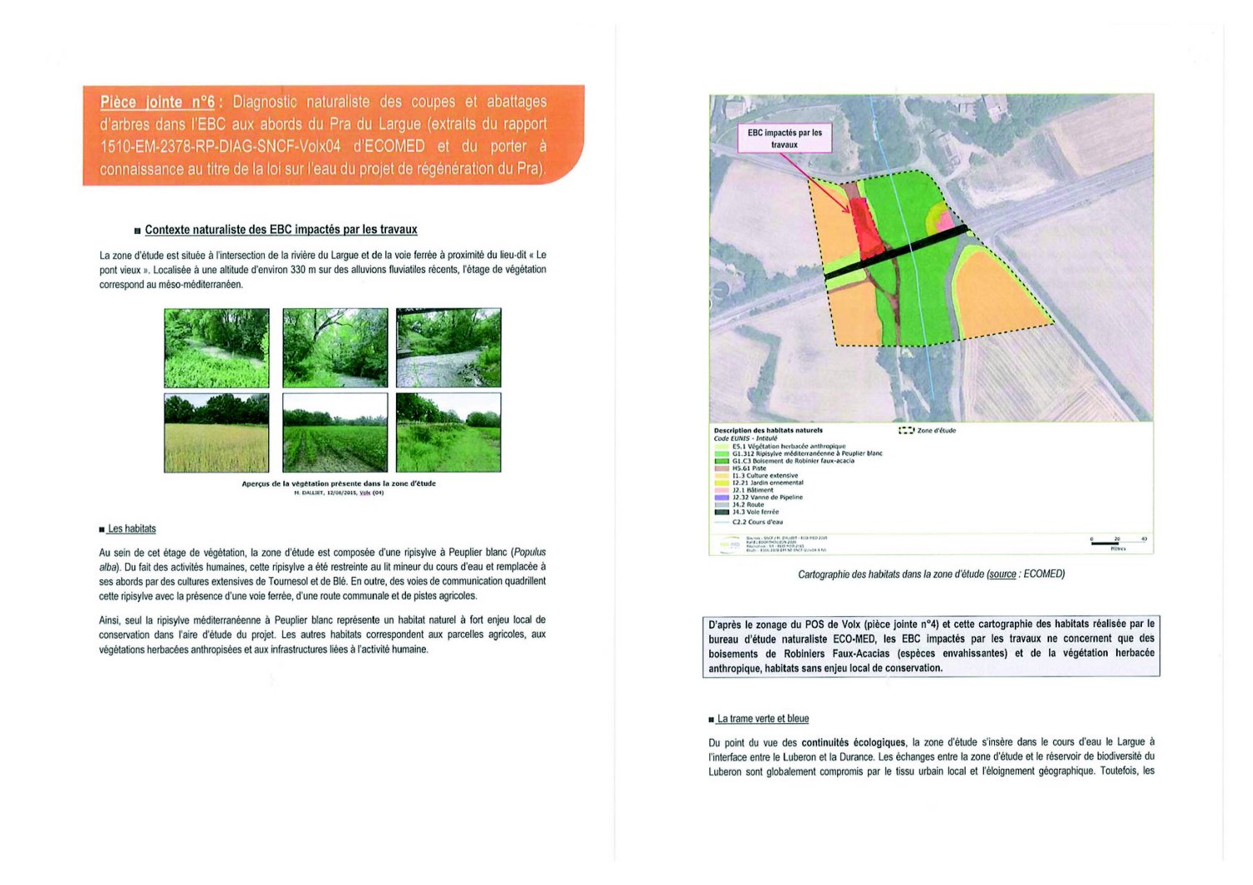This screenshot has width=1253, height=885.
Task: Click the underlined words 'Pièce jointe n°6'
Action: click(x=157, y=102)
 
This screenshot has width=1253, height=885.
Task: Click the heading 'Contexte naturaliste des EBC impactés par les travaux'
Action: click(x=281, y=230)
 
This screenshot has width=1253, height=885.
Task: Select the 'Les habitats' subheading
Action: click(x=131, y=528)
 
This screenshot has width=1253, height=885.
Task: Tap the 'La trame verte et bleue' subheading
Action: click(x=763, y=719)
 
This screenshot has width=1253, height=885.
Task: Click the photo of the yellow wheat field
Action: click(x=216, y=432)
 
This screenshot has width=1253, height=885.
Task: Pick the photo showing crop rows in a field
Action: click(x=335, y=432)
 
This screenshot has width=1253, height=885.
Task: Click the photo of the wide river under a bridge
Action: click(x=449, y=347)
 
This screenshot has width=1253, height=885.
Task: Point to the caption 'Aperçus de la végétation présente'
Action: click(x=338, y=483)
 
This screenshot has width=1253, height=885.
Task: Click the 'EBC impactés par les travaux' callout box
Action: click(x=784, y=139)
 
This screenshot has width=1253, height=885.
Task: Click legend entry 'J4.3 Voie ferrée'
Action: click(x=755, y=512)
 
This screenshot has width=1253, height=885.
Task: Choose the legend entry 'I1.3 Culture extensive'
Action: click(x=763, y=476)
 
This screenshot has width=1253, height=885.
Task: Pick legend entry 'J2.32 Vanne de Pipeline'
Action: click(x=766, y=498)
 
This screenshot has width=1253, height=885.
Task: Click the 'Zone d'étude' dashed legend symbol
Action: click(x=906, y=431)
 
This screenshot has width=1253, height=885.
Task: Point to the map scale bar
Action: click(x=1118, y=543)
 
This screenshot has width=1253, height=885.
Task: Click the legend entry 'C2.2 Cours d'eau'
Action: click(x=757, y=522)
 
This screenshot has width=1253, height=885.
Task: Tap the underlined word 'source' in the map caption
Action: click(x=1002, y=574)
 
